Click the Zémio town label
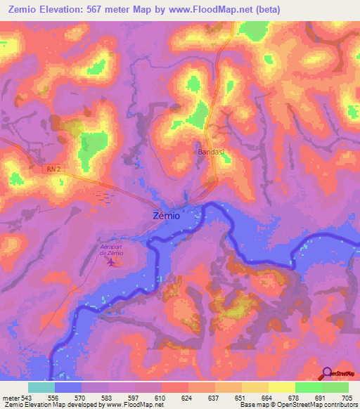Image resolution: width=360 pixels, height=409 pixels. pyautogui.click(x=166, y=216)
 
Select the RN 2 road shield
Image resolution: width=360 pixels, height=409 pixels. pyautogui.click(x=54, y=169)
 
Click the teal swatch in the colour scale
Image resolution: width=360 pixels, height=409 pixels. pyautogui.click(x=41, y=387)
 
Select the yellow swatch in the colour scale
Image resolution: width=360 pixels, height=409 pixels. pyautogui.click(x=281, y=387)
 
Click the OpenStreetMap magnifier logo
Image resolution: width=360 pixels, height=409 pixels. pyautogui.click(x=328, y=373)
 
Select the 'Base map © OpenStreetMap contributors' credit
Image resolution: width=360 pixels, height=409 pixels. pyautogui.click(x=298, y=405)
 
